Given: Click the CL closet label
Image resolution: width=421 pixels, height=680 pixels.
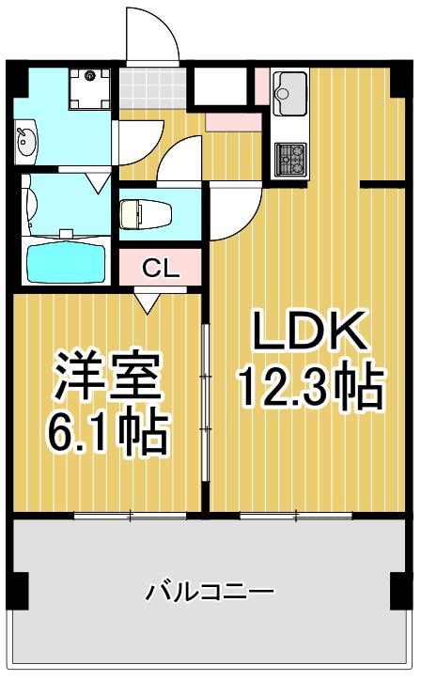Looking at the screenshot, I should pos(160,268).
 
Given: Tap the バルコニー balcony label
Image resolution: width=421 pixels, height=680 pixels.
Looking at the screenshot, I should pos(209,592).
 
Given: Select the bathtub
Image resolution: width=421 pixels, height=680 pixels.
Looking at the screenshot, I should pos(64,262).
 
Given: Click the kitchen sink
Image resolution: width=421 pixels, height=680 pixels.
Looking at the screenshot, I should pos(288,91).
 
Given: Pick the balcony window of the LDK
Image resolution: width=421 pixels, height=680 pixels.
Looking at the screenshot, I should pos(296,515).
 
